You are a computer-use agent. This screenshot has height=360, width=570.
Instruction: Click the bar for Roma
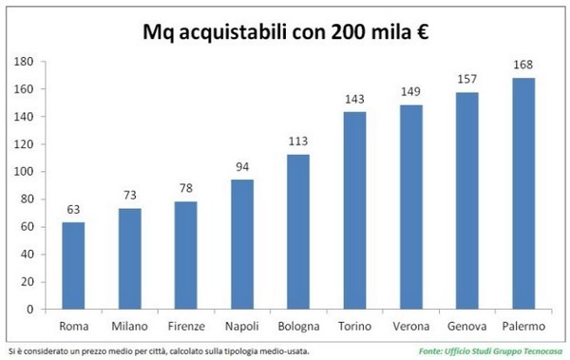click(x=73, y=266)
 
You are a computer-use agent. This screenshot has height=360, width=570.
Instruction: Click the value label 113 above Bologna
click(x=298, y=142)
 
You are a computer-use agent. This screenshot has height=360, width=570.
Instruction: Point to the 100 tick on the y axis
click(x=26, y=172)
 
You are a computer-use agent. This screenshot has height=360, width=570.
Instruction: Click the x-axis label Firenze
click(x=186, y=327)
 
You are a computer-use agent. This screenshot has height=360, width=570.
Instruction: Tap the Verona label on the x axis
click(x=411, y=327)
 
